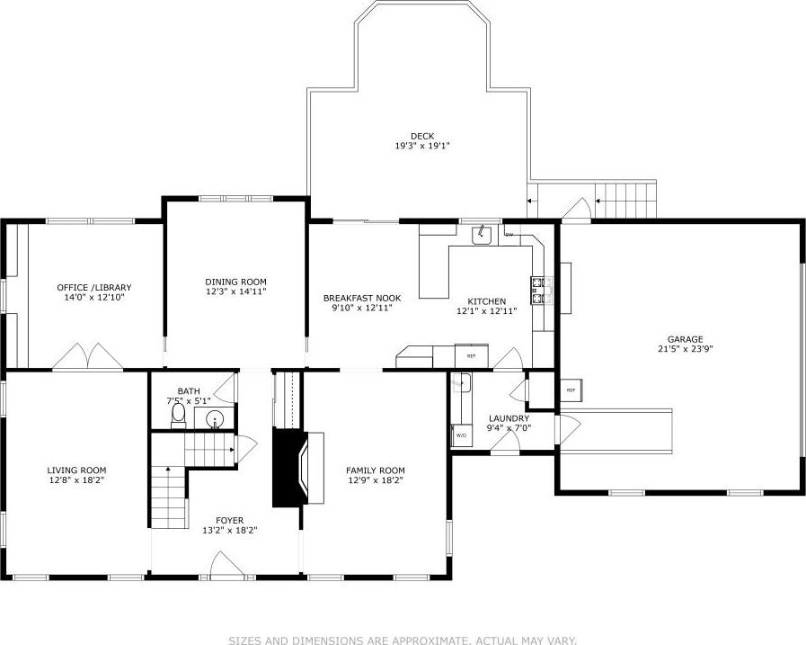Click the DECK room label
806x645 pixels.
[421, 136]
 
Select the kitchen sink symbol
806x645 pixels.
[483, 236]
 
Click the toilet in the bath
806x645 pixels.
[178, 415]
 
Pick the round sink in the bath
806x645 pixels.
[216, 419]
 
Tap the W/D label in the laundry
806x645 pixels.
[461, 435]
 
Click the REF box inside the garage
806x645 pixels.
[571, 390]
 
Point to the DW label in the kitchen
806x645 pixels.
[509, 235]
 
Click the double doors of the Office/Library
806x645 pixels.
[87, 357]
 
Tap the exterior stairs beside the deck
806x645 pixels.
[626, 200]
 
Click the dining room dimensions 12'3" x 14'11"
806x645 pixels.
[235, 291]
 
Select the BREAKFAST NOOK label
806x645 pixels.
[362, 298]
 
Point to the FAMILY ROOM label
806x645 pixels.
[376, 470]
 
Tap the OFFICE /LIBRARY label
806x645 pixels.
[93, 287]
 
